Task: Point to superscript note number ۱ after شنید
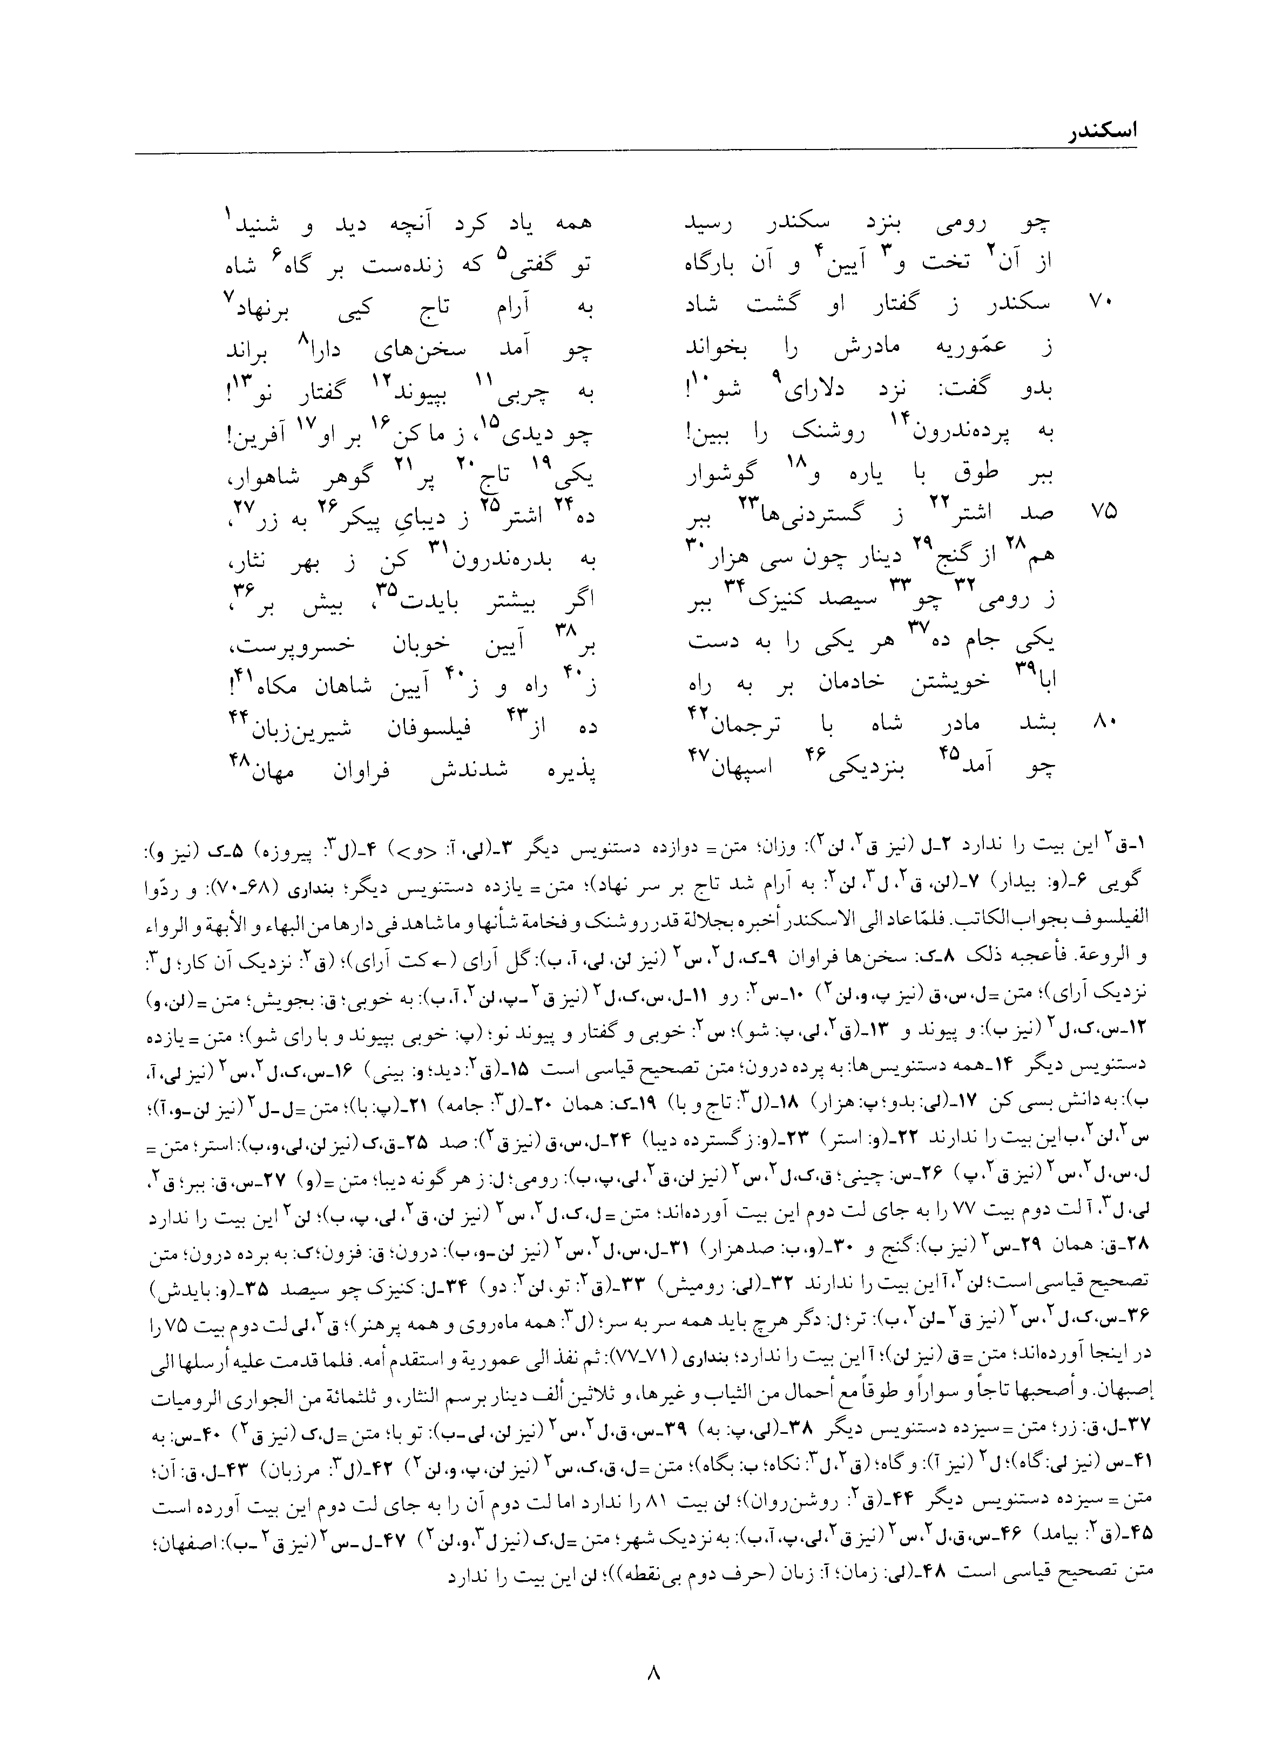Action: point(229,211)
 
